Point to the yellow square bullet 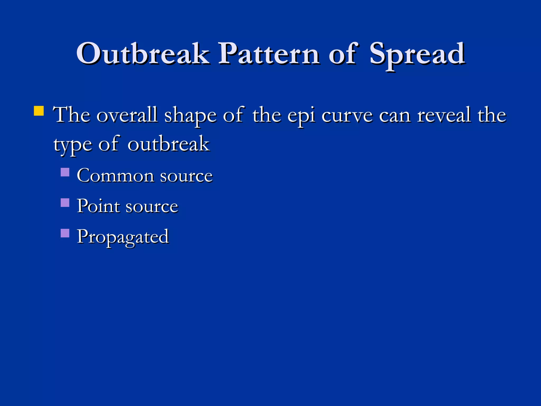pos(39,111)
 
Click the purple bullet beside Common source pos(65,172)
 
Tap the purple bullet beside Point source pos(65,203)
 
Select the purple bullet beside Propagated pos(65,233)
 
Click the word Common pos(115,176)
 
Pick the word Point pos(98,206)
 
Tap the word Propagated pos(123,237)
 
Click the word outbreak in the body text pos(169,144)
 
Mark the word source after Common pos(186,176)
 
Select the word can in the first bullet pos(395,116)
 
